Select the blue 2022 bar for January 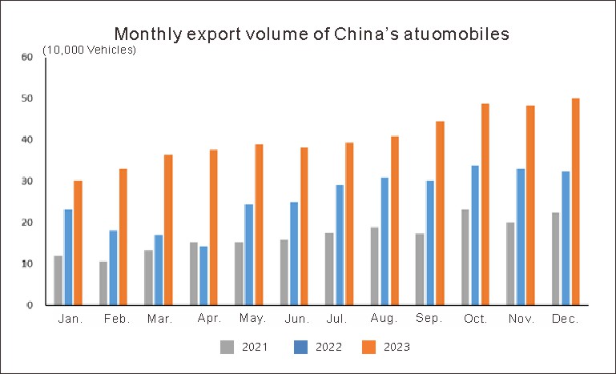pos(68,257)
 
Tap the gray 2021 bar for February pos(103,284)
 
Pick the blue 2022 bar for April pos(203,275)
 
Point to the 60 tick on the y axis pos(27,57)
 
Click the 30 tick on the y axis pos(27,181)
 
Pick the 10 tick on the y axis pos(27,263)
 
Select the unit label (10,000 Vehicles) pos(90,50)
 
